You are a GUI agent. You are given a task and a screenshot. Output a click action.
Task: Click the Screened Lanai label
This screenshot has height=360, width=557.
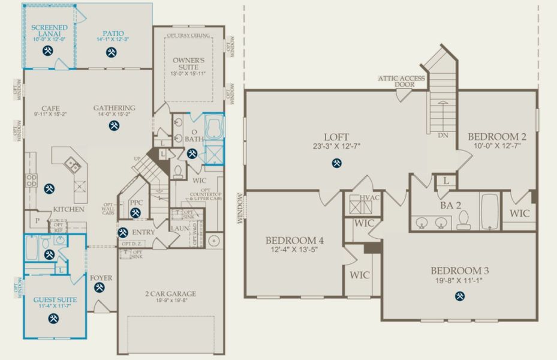point(49,31)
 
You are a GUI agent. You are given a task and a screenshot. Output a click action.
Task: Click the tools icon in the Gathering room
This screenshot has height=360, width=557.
point(114,126)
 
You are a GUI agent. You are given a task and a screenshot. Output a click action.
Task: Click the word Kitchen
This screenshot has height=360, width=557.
point(68,209)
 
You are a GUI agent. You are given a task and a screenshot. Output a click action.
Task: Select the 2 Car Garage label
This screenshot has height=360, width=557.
point(170,293)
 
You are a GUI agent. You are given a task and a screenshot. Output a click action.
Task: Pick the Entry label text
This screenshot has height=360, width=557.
point(144,232)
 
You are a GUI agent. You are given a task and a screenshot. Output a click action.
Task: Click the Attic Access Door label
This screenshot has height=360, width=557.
point(401,82)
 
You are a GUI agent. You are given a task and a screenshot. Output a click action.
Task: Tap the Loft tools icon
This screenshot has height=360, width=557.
point(338,162)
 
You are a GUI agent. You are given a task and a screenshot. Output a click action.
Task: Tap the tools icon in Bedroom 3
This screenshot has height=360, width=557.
point(459,295)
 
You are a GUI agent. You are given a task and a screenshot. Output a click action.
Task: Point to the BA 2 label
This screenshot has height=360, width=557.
point(450,205)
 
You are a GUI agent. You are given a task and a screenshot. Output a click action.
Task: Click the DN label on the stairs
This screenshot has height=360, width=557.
point(443,136)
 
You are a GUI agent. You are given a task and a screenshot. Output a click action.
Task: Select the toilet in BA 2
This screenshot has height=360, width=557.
point(463,221)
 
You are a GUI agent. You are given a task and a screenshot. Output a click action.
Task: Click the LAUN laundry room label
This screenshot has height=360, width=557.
point(179,229)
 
